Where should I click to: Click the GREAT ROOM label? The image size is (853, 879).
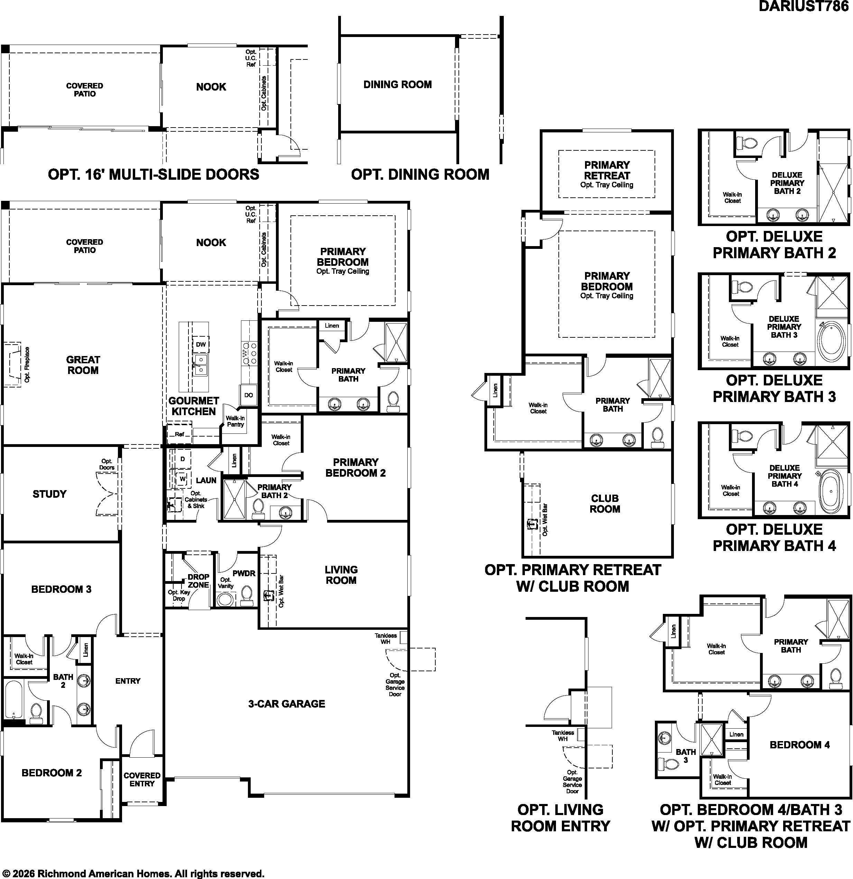83,365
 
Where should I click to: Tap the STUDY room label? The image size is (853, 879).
49,494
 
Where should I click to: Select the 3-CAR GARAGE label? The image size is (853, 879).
287,704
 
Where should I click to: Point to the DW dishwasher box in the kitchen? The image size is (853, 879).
201,344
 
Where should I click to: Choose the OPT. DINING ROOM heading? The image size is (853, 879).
420,175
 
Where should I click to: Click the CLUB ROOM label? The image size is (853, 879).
605,504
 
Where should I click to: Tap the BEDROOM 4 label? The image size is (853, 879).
800,745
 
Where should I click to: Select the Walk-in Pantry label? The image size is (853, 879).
235,421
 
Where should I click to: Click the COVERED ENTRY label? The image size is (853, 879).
142,779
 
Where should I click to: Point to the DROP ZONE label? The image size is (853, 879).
198,581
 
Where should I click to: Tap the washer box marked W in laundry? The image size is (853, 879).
183,478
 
